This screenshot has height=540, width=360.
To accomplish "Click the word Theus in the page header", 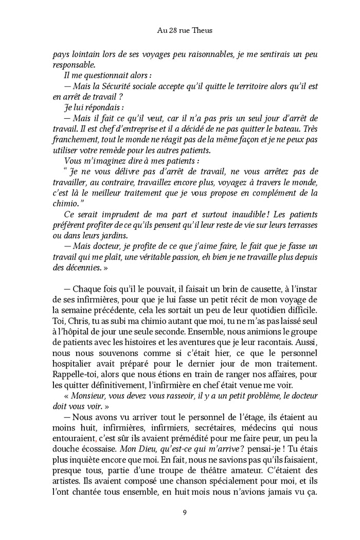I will pos(202,31).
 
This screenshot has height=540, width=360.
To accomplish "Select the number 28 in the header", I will pos(172,31).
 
